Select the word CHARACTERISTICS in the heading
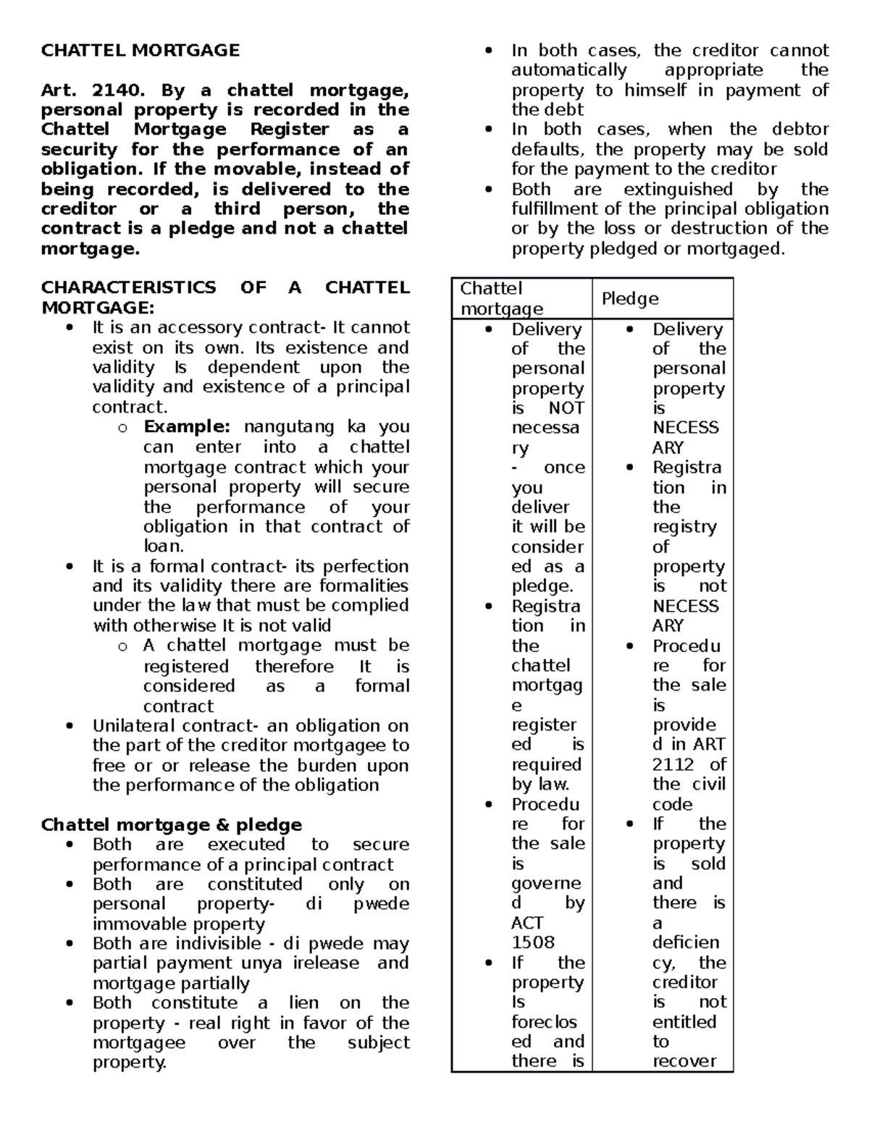[128, 288]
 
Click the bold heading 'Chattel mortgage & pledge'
[171, 825]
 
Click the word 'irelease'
[326, 963]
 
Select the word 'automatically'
[569, 70]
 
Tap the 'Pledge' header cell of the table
[630, 299]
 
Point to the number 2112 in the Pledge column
[673, 765]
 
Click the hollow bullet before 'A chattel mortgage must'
[122, 646]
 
